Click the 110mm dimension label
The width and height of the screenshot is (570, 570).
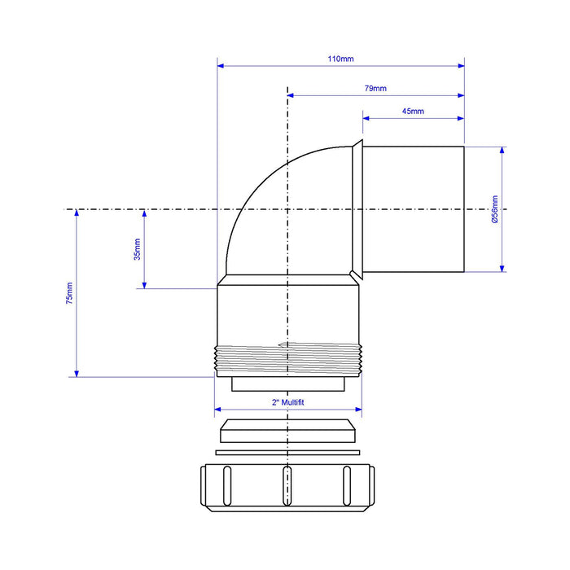pyautogui.click(x=340, y=59)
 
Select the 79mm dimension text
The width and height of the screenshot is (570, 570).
pyautogui.click(x=375, y=88)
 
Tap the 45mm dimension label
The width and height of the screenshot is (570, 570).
pyautogui.click(x=413, y=112)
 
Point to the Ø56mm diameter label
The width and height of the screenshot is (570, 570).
pyautogui.click(x=495, y=209)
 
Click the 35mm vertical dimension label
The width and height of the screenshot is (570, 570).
pyautogui.click(x=137, y=249)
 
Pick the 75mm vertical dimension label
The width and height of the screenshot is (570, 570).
pyautogui.click(x=69, y=293)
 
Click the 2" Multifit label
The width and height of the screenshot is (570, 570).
pyautogui.click(x=288, y=402)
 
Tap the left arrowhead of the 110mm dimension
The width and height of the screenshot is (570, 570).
pyautogui.click(x=221, y=66)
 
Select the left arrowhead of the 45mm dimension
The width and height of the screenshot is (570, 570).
pyautogui.click(x=366, y=118)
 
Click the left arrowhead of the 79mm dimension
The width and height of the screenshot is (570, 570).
pyautogui.click(x=291, y=95)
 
